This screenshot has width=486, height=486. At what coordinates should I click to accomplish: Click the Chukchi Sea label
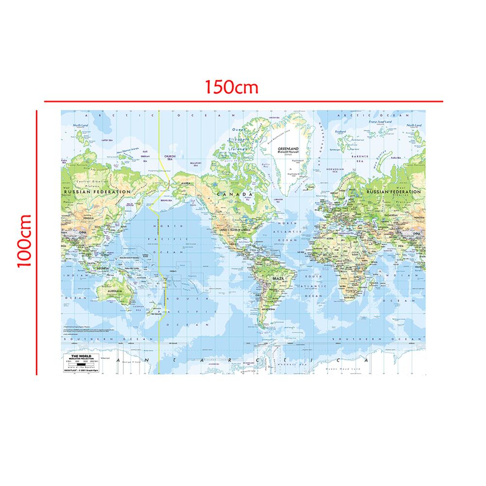(x=167, y=156)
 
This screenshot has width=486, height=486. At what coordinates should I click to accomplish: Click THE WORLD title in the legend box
(x=79, y=356)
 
